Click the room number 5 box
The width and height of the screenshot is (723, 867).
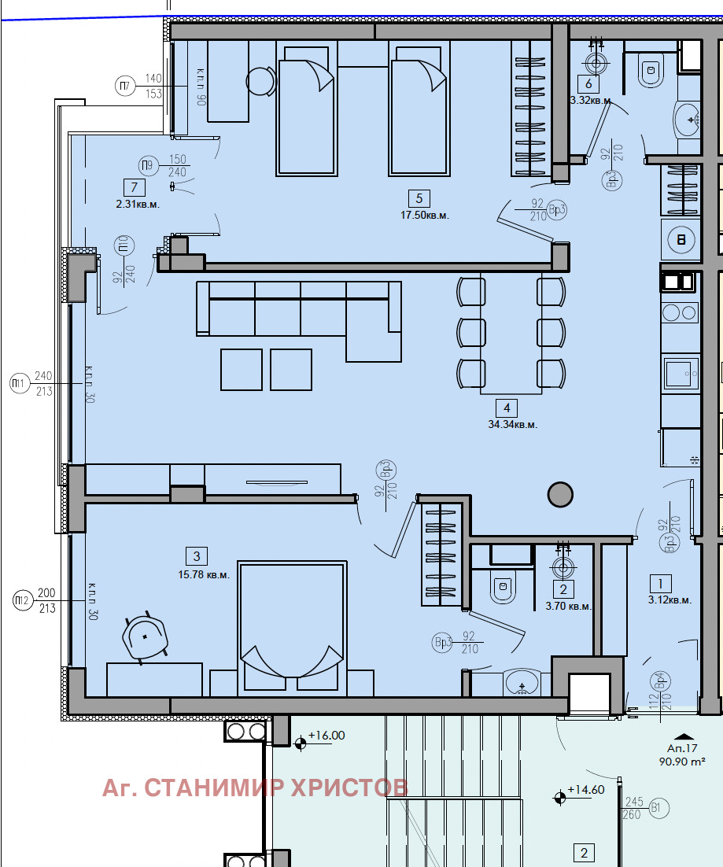click(x=419, y=198)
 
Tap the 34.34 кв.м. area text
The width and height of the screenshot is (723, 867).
click(x=512, y=424)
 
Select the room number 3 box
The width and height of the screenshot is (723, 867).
click(x=197, y=556)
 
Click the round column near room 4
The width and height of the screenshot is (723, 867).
click(x=559, y=494)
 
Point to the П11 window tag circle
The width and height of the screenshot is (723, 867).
click(x=17, y=384)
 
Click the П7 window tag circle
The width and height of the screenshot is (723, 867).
click(x=124, y=86)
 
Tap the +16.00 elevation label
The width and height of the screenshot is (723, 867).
click(x=326, y=736)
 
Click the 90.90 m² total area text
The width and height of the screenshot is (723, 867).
click(x=681, y=762)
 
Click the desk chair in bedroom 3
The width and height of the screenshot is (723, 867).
click(x=146, y=635)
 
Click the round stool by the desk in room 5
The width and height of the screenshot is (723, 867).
click(x=260, y=80)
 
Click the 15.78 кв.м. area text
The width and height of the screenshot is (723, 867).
click(x=204, y=574)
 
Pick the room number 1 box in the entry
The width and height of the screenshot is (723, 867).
click(x=659, y=583)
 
